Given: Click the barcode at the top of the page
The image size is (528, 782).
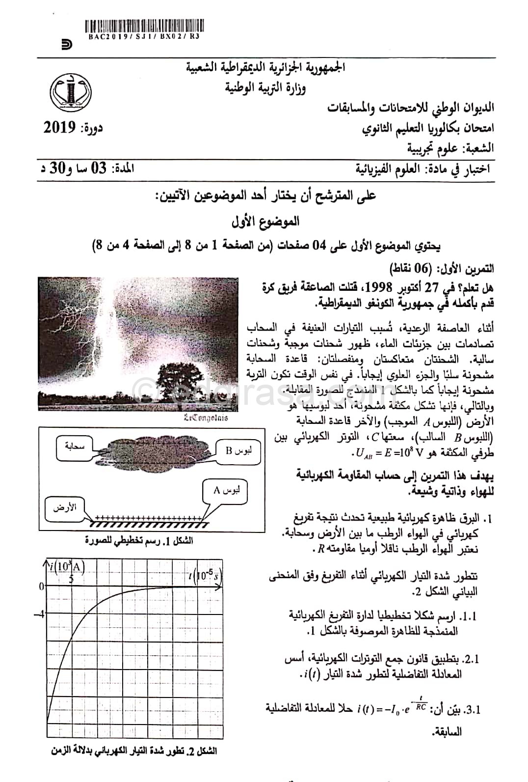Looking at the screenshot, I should pyautogui.click(x=146, y=26).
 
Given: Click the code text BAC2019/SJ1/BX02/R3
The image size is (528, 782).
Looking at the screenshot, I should pyautogui.click(x=146, y=36).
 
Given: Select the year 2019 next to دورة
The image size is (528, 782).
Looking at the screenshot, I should pyautogui.click(x=60, y=129).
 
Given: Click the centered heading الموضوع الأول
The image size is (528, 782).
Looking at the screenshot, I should pyautogui.click(x=265, y=222).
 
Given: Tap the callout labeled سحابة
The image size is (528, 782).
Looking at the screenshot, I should pyautogui.click(x=75, y=447).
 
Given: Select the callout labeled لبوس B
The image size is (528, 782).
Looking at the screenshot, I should pyautogui.click(x=237, y=450).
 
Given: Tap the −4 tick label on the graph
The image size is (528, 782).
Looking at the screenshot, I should pyautogui.click(x=41, y=614).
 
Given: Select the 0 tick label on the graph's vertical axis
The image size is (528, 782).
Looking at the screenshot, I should pyautogui.click(x=42, y=586).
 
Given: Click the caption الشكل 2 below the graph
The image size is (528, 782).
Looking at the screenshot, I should pyautogui.click(x=134, y=765).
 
